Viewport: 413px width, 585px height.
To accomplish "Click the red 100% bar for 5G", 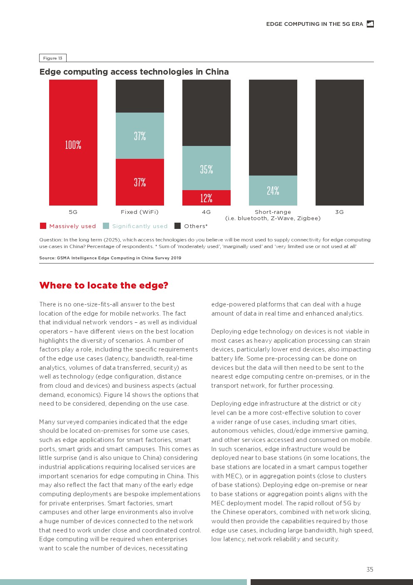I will point(73,143).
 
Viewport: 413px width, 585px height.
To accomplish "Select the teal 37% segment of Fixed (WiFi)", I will point(140,136).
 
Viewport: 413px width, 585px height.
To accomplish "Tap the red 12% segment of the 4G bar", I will point(206,198).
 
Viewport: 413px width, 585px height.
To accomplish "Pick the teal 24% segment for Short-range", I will point(273,190).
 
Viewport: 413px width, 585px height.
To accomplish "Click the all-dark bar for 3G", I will point(340,143).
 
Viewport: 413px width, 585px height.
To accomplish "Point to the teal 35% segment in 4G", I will point(206,168).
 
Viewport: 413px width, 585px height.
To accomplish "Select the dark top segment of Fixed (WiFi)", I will point(140,96).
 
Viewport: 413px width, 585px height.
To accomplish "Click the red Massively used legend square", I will point(43,226).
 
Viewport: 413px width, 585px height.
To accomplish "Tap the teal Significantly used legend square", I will point(106,226).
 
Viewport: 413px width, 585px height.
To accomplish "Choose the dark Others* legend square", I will point(177,226).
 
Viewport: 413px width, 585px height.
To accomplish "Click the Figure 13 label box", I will point(53,58).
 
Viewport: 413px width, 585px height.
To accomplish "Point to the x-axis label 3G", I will point(340,212).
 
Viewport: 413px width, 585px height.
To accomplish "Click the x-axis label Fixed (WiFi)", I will point(140,212).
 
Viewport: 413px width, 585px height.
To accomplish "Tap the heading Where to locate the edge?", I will point(104,285).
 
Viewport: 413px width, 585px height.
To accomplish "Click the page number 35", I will point(370,569).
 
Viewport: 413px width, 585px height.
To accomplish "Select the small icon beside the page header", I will point(370,24).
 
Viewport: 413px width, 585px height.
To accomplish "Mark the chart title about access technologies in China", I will point(134,72).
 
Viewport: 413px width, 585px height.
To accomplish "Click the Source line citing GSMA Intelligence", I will point(110,258).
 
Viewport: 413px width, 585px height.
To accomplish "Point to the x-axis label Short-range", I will point(273,212).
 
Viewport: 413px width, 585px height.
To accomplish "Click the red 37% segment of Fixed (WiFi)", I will point(140,182).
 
